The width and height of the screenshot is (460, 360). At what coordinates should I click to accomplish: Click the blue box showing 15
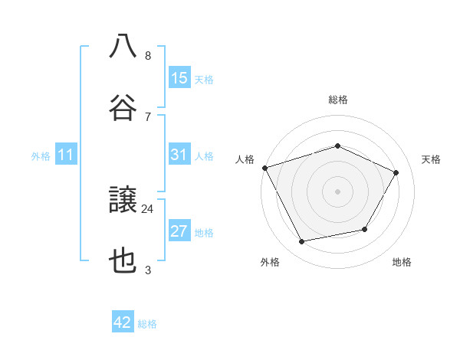(179, 78)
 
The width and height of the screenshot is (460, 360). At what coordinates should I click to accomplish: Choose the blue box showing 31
(179, 155)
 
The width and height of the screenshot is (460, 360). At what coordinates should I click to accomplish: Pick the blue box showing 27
(179, 231)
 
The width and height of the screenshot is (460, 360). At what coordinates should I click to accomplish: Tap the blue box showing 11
(66, 155)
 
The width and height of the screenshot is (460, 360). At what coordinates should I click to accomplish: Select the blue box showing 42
(123, 322)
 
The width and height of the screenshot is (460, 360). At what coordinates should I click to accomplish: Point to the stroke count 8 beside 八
(148, 55)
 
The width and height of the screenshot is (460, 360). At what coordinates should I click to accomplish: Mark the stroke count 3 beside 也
(148, 270)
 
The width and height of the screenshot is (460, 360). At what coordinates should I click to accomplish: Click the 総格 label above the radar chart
(337, 100)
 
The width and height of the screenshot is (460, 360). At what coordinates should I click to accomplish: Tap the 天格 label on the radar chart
(432, 159)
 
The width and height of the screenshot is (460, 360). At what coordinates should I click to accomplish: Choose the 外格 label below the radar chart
(270, 263)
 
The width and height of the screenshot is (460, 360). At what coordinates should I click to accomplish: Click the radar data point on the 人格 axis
(264, 168)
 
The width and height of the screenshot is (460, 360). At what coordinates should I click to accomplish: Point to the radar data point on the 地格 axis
(365, 229)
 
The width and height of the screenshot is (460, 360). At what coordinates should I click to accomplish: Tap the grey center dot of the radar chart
(337, 191)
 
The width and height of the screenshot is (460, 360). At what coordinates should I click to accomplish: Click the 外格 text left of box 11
(41, 156)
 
